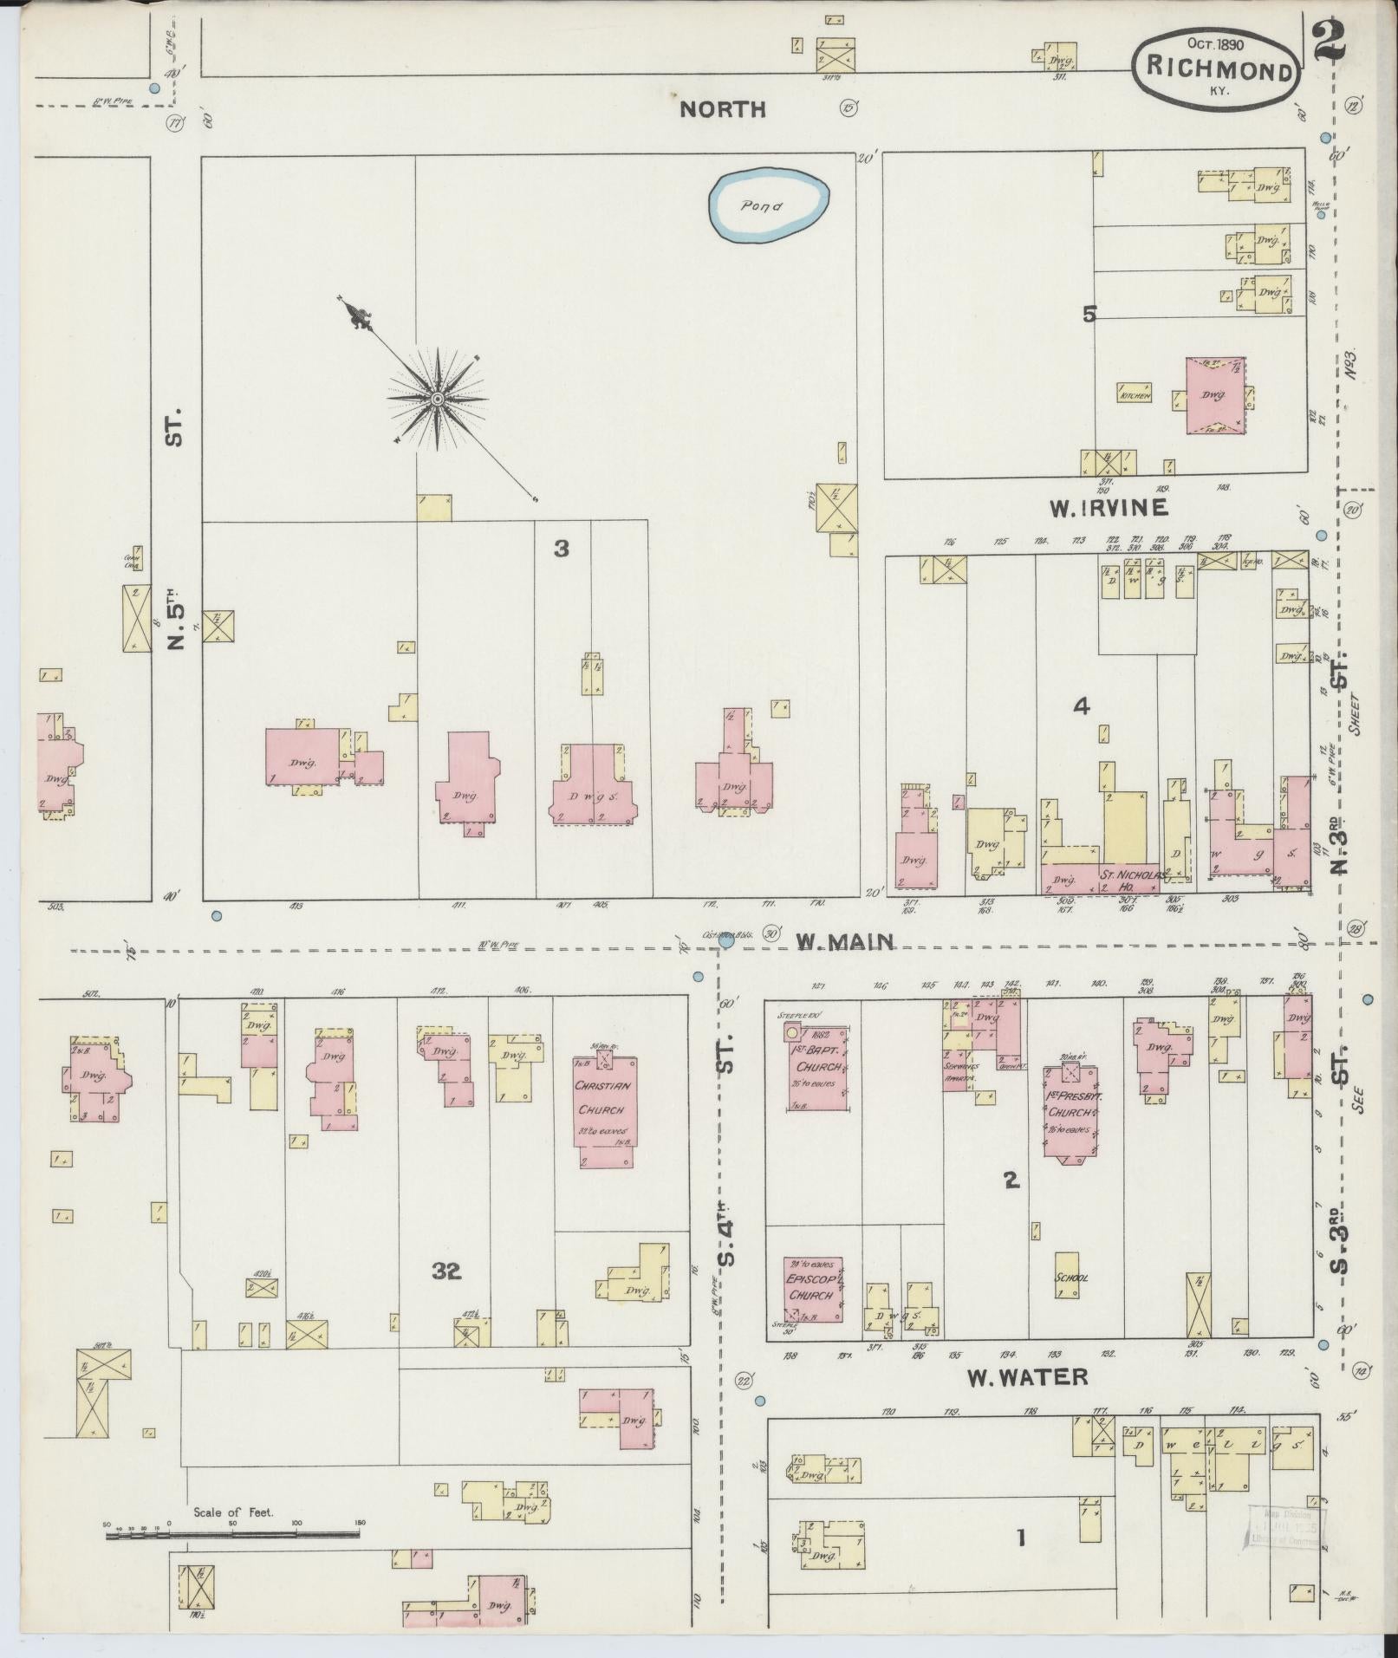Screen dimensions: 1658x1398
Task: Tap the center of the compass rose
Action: coord(438,398)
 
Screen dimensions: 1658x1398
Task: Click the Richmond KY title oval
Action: coord(1216,68)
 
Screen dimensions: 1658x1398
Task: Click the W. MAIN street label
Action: coord(845,941)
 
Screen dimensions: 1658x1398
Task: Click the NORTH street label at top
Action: coord(722,109)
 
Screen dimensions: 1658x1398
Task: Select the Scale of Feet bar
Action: coord(232,1534)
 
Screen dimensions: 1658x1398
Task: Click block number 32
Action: coord(447,1271)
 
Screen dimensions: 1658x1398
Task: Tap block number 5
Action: coord(1089,315)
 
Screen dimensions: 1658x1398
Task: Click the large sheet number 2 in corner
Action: coord(1329,39)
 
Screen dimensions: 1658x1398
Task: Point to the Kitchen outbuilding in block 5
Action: coord(1135,394)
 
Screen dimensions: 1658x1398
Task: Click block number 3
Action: coord(562,549)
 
